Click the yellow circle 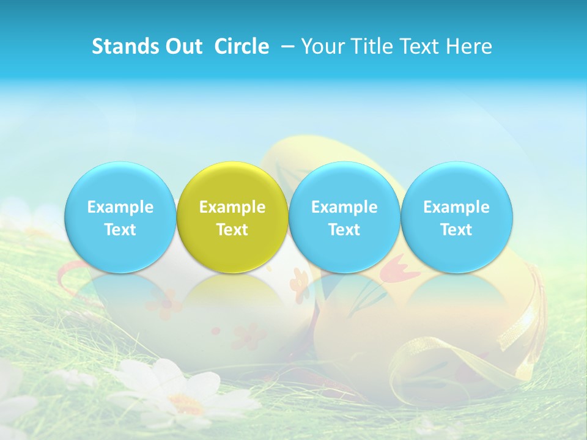click(232, 217)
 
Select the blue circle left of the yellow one click(120, 217)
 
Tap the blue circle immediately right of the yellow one click(344, 217)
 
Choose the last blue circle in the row click(457, 217)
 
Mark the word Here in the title click(470, 46)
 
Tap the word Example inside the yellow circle click(232, 207)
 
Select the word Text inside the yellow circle click(232, 230)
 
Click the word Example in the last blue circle click(457, 207)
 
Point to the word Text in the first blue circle click(120, 230)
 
